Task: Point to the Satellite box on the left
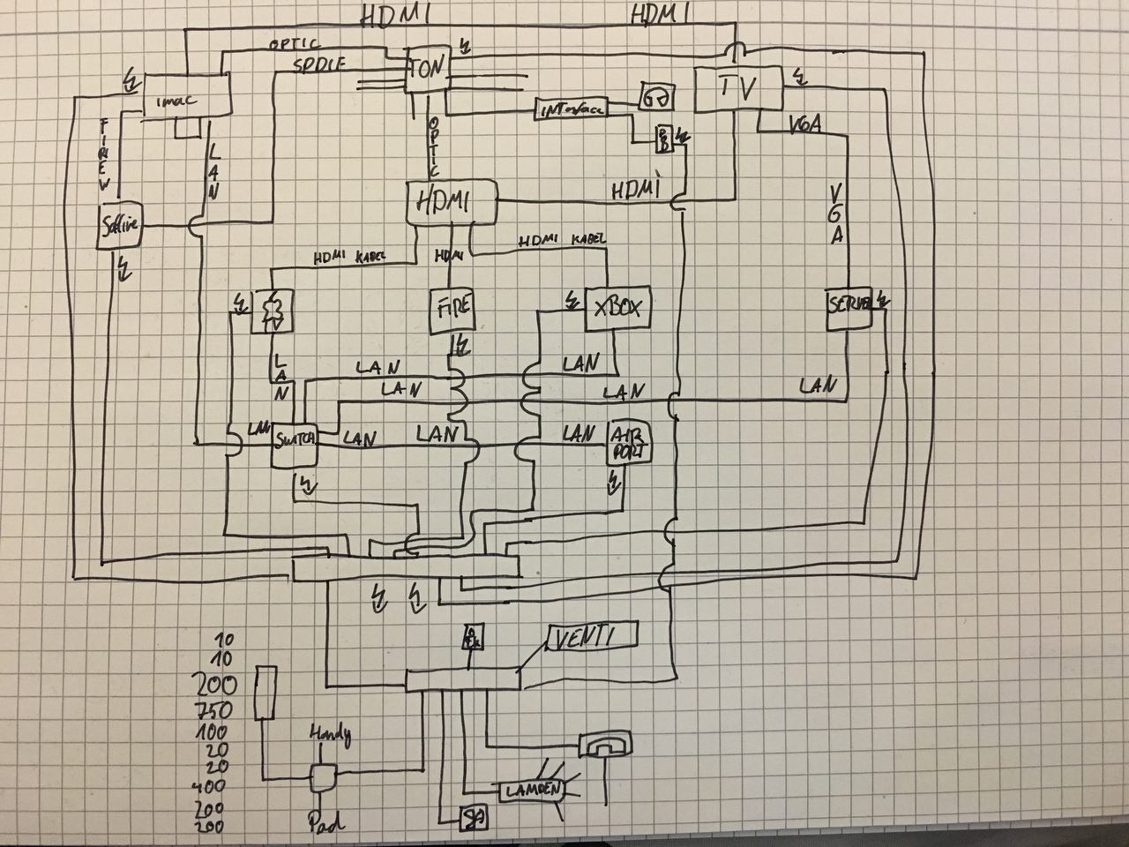click(120, 227)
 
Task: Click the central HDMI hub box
click(451, 202)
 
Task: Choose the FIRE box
click(451, 311)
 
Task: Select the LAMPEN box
click(533, 791)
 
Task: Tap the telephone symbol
click(608, 744)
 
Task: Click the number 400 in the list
click(209, 785)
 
